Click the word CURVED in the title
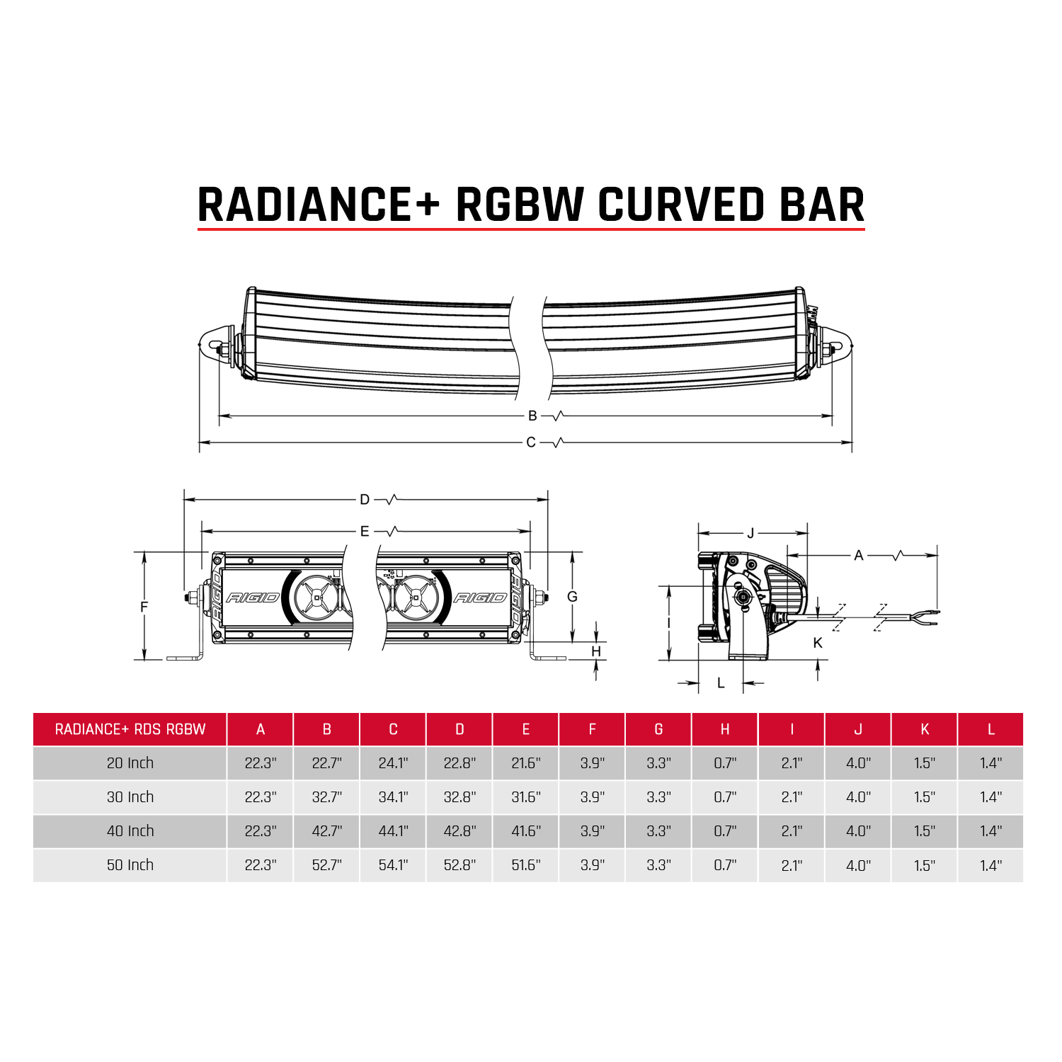pos(681,205)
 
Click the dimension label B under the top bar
pos(532,416)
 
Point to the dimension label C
pos(531,442)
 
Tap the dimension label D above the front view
pos(365,500)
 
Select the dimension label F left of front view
pos(144,607)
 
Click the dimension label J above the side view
pos(751,533)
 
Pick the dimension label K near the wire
pos(818,643)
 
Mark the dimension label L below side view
pos(721,683)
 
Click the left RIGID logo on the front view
pos(253,598)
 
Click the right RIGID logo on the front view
pos(480,598)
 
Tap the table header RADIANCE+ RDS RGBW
pos(130,729)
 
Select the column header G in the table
pos(658,729)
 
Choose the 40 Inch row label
pos(130,831)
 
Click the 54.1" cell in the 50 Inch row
pos(393,865)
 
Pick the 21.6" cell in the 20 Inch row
pos(526,763)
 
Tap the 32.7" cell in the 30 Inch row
pos(326,797)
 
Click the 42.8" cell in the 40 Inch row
pos(459,831)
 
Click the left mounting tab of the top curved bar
pos(215,346)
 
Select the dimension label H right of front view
pos(596,651)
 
